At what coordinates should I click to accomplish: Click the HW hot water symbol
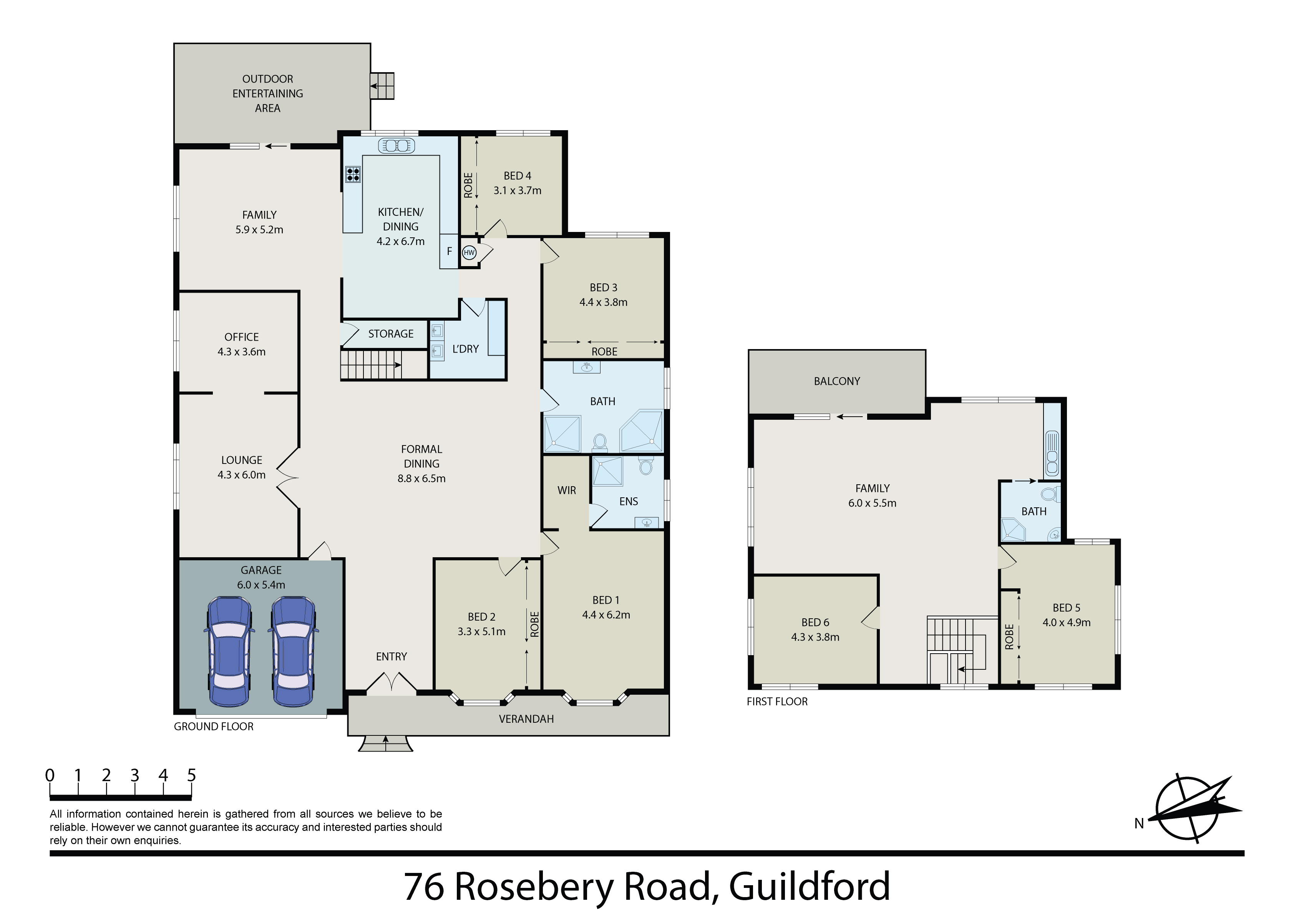coord(469,252)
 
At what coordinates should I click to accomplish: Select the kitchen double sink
coord(397,146)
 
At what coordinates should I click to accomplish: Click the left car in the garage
coord(229,651)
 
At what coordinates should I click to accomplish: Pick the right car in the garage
coord(293,651)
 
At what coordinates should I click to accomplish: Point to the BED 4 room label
coord(518,176)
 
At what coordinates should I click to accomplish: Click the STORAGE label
coord(391,334)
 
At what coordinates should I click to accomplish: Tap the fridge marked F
coord(449,251)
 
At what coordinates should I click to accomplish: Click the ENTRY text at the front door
coord(391,656)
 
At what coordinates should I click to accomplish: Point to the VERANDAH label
coord(526,719)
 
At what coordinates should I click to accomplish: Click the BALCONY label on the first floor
coord(837,381)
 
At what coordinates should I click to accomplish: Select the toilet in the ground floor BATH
coord(600,442)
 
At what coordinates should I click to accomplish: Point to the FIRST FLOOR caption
coord(777,702)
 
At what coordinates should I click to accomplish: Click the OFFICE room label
coord(242,337)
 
